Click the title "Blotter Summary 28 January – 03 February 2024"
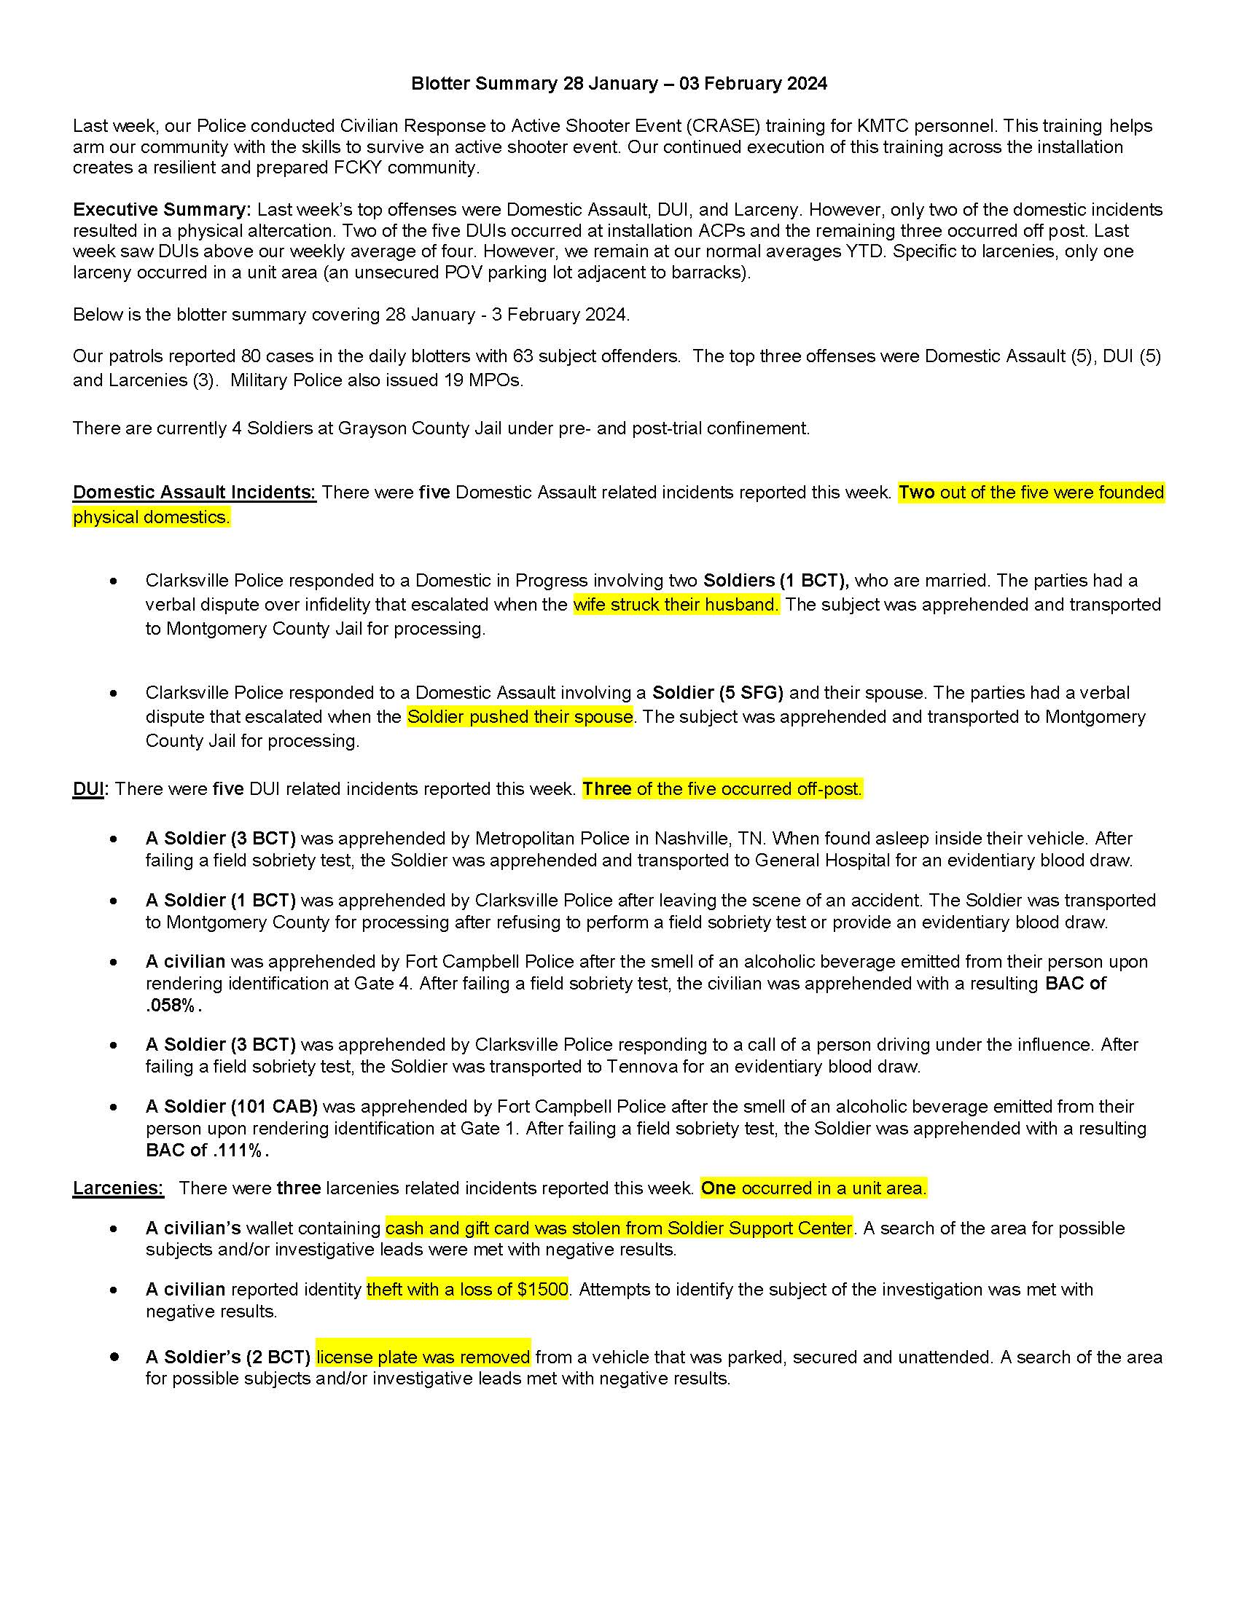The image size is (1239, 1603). [619, 84]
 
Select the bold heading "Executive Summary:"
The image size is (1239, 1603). [162, 210]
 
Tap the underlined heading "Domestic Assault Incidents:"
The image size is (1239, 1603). [194, 493]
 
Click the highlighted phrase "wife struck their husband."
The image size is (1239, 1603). [676, 605]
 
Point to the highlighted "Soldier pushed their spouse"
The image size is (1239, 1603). [520, 717]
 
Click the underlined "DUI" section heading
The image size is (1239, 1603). [88, 789]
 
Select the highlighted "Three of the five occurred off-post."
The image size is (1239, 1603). [722, 789]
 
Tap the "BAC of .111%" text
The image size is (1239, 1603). [207, 1150]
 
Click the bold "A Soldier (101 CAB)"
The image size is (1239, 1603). [231, 1106]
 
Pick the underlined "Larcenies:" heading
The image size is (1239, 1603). [117, 1188]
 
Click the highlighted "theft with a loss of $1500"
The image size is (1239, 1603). [467, 1290]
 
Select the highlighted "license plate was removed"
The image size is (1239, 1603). [423, 1357]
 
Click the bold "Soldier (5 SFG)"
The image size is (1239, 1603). [717, 693]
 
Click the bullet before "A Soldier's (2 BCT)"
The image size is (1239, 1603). [114, 1357]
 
